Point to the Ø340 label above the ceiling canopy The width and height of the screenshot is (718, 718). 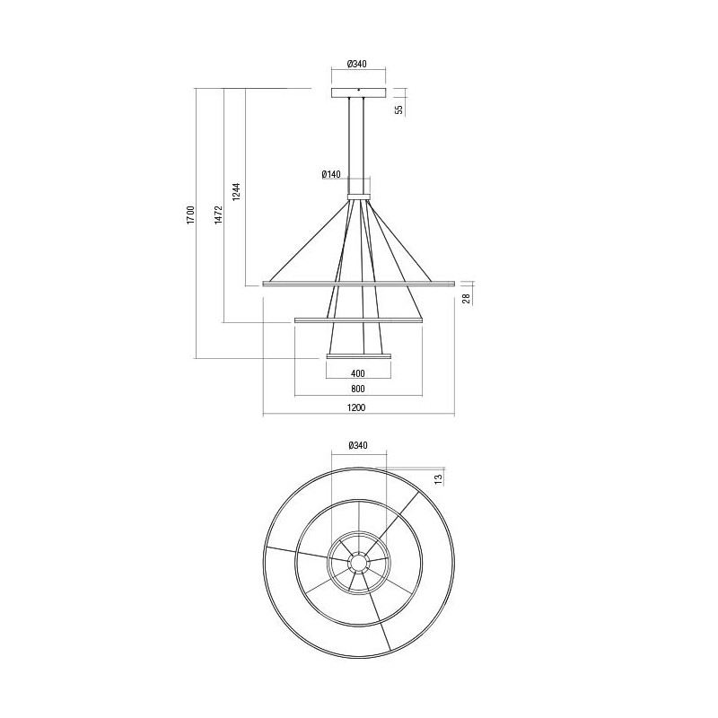(358, 65)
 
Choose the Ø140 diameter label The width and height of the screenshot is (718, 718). (332, 175)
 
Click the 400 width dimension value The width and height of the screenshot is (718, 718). (358, 373)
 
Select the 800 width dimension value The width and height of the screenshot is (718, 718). (358, 390)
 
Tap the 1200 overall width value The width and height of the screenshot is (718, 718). (357, 408)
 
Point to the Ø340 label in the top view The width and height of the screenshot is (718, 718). (357, 445)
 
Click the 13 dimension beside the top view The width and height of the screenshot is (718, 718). (437, 478)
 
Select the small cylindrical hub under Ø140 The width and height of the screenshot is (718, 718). (358, 190)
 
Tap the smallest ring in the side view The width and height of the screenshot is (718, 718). (358, 356)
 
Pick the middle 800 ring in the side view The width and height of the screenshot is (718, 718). (358, 320)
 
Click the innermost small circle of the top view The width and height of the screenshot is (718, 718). (358, 563)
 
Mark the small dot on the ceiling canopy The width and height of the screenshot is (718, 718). (358, 89)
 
